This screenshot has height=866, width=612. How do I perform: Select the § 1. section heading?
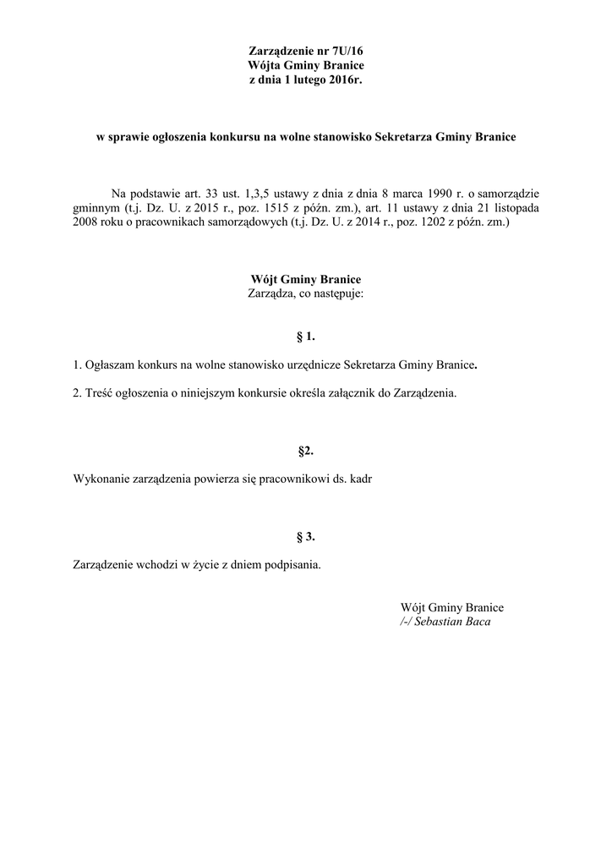point(305,337)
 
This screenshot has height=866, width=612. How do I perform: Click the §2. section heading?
point(305,451)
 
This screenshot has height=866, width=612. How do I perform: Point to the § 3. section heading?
point(305,536)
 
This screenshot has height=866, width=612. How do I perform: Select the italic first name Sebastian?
point(436,622)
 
